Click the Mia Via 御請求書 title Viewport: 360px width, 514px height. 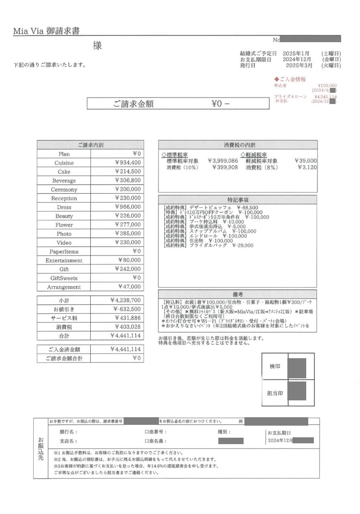point(46,31)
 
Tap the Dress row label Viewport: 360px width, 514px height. point(64,207)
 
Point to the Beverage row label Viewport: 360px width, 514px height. point(64,181)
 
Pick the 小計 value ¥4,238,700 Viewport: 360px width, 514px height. point(125,300)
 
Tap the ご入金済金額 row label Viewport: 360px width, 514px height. point(64,350)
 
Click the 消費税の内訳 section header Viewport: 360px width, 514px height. point(238,145)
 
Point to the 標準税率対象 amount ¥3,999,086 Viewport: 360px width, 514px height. point(223,161)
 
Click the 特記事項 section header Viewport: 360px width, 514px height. point(238,200)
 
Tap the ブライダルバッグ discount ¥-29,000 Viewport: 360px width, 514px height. point(242,245)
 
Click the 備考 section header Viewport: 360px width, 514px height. point(238,295)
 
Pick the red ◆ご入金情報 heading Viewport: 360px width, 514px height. point(290,79)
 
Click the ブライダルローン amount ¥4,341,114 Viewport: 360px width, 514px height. point(325,97)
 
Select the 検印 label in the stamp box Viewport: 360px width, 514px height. point(275,367)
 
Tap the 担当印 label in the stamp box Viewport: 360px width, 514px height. point(275,393)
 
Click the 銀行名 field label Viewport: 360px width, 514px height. point(68,432)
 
